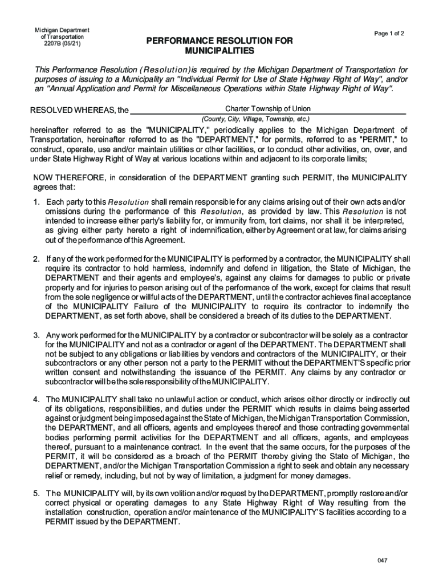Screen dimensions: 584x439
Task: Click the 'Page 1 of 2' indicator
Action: (x=389, y=34)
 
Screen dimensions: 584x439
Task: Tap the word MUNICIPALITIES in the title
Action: (x=219, y=51)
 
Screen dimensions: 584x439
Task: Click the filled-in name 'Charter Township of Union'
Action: (x=268, y=109)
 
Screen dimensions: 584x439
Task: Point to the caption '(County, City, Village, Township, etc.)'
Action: (x=255, y=119)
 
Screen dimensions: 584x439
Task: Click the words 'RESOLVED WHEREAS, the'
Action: (x=79, y=110)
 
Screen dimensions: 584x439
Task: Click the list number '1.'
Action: (x=36, y=202)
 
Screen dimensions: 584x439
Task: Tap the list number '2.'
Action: (x=36, y=259)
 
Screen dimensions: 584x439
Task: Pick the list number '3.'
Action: (x=36, y=334)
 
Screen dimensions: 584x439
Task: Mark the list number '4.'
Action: (x=36, y=399)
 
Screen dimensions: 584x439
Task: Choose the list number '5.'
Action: (x=36, y=493)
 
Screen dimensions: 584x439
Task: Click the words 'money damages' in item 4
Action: (x=324, y=476)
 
